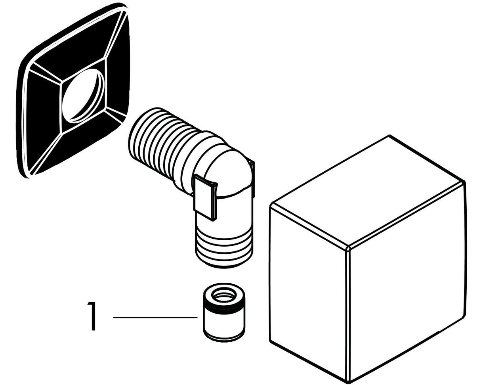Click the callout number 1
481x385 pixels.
tap(92, 316)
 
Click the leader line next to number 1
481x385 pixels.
tap(155, 317)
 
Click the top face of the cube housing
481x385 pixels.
tap(366, 190)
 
